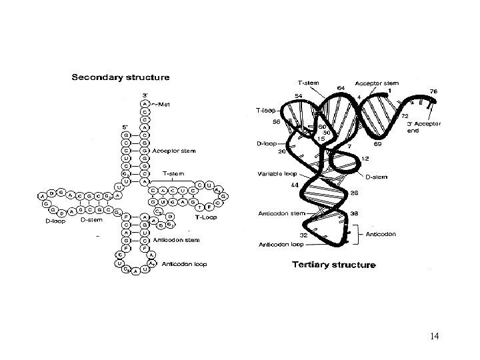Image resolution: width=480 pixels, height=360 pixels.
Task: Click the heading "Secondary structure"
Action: point(120,77)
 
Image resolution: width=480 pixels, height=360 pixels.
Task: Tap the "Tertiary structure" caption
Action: point(334,265)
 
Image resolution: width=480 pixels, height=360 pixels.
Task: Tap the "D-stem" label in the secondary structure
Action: point(91,219)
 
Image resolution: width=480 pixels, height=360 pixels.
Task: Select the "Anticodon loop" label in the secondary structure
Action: point(184,264)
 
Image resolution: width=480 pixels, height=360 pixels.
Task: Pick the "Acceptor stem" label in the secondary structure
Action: point(175,151)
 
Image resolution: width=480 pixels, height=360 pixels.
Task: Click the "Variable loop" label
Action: point(276,174)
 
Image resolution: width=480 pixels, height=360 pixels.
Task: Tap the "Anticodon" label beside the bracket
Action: point(381,235)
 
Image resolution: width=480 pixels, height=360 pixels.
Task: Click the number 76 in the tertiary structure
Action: point(433,91)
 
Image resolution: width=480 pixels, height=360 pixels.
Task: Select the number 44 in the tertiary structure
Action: point(294,185)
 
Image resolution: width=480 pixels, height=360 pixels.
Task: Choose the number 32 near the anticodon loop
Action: point(303,235)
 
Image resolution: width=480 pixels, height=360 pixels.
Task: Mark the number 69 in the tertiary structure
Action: point(378,144)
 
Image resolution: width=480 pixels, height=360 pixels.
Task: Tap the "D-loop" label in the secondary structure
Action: point(55,221)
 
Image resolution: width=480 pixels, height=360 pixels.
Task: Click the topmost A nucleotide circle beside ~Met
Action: point(145,104)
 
